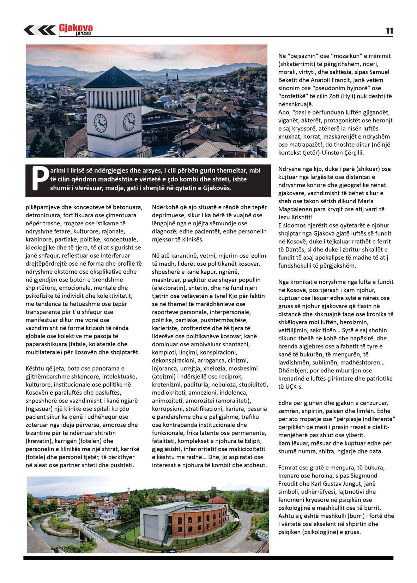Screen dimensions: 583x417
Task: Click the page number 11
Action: click(389, 31)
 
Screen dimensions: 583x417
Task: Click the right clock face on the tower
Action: click(129, 121)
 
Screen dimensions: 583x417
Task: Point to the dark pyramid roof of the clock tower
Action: click(113, 77)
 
